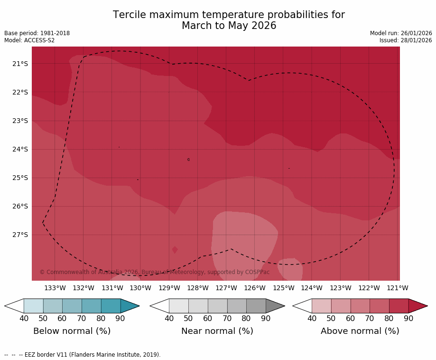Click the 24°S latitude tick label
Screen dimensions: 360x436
point(20,149)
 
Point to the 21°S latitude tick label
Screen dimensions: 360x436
point(20,64)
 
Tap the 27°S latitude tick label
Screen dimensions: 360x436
point(20,235)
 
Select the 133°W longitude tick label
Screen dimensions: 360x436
point(55,288)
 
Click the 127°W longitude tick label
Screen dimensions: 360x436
point(226,288)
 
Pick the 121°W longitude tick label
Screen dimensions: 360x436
point(398,288)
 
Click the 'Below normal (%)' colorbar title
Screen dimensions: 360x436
point(72,331)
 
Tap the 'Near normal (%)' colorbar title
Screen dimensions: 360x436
point(217,331)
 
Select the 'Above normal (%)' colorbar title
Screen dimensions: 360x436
point(360,331)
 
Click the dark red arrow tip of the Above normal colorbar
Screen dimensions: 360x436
point(417,306)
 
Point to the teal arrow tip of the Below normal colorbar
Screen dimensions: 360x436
point(130,306)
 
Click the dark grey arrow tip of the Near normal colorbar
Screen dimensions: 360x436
point(275,306)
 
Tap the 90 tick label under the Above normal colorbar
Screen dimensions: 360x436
point(408,318)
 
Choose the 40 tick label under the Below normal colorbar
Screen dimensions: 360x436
point(24,318)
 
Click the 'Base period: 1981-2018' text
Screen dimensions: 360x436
point(37,33)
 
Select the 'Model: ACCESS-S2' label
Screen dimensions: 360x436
point(29,40)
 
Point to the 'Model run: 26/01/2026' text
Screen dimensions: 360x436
point(401,33)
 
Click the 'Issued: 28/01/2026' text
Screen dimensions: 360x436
point(406,40)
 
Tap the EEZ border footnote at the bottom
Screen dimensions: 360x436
point(83,355)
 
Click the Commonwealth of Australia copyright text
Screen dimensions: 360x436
point(154,272)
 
